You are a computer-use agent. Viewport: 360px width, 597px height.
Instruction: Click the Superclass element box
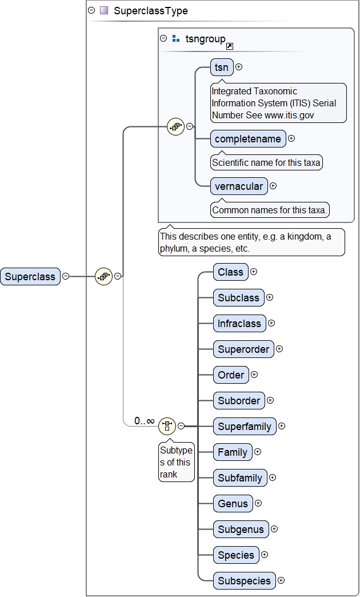click(x=30, y=277)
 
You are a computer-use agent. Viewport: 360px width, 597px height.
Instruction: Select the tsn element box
click(x=222, y=67)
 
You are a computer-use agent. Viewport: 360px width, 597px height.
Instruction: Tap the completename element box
click(x=248, y=139)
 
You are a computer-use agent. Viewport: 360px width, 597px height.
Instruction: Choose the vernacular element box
click(x=239, y=186)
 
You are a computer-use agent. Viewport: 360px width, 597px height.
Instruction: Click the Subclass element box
click(x=238, y=298)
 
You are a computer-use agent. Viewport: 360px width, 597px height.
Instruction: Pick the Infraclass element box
click(x=239, y=324)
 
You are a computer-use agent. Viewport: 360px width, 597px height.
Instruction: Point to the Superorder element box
click(x=243, y=349)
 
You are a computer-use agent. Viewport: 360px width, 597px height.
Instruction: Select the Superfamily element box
click(x=245, y=427)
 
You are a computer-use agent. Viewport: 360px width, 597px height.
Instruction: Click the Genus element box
click(x=233, y=504)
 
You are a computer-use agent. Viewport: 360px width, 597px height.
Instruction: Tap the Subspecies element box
click(x=245, y=581)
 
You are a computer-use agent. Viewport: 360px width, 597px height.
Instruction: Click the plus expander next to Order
click(x=254, y=375)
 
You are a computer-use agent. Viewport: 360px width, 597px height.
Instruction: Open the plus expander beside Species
click(x=265, y=555)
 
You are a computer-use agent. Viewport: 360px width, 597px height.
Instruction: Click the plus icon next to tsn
click(x=239, y=67)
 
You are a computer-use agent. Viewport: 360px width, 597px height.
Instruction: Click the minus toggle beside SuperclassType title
click(x=91, y=10)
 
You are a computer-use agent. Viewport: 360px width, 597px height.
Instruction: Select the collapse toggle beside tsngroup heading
click(x=163, y=38)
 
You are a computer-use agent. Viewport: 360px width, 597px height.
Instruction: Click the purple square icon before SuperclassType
click(x=104, y=10)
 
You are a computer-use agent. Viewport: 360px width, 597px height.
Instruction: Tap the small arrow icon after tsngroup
click(x=230, y=46)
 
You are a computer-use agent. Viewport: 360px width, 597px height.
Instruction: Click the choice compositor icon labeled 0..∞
click(x=167, y=425)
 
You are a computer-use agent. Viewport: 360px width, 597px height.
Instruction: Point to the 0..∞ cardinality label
click(x=144, y=421)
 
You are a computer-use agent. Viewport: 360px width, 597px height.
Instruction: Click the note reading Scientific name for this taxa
click(x=266, y=162)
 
